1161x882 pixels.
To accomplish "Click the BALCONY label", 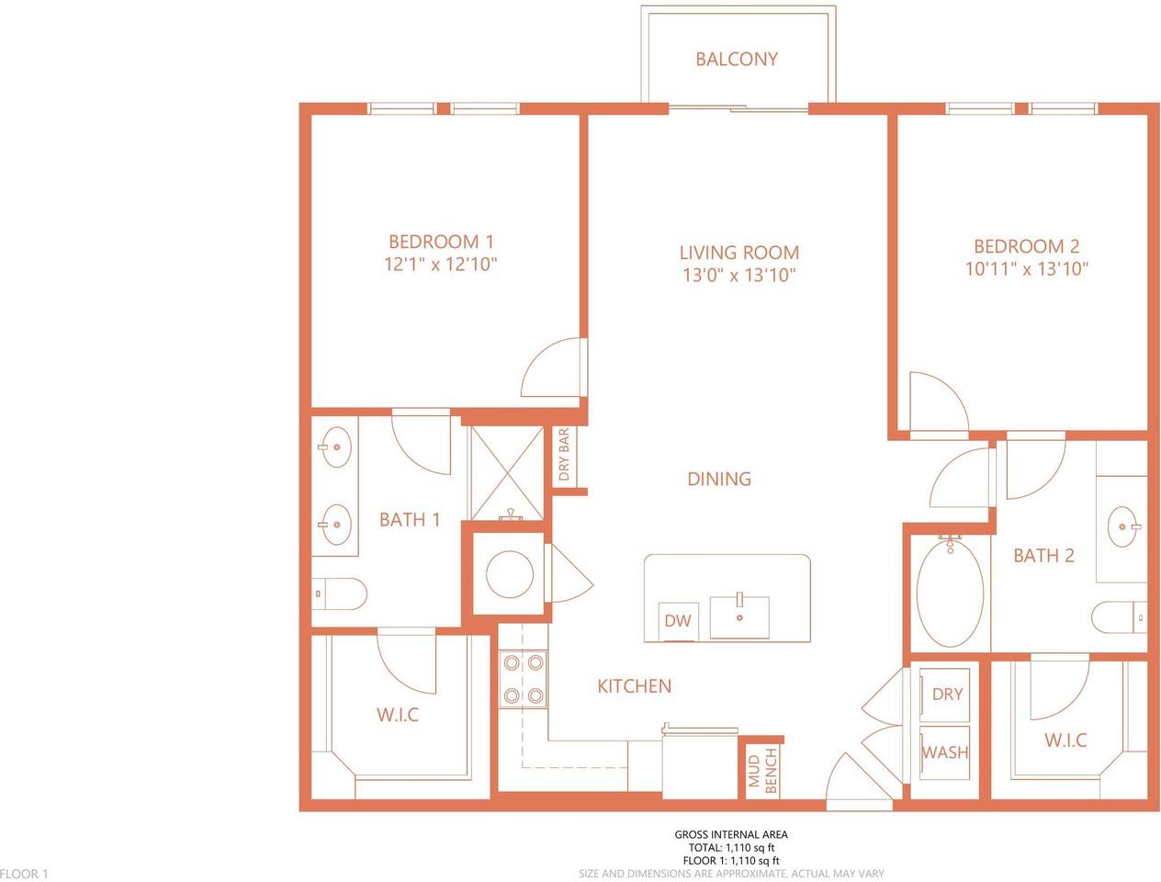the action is tap(737, 59).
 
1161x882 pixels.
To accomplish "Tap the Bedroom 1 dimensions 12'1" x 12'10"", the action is tap(441, 264).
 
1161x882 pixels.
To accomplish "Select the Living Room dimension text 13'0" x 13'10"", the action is tap(738, 275).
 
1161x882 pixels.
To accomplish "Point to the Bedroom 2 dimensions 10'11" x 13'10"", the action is tap(1026, 269).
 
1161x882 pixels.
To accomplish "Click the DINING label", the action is tap(719, 479).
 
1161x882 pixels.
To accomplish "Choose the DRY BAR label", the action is tap(563, 455).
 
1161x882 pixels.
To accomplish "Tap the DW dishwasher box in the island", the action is tap(678, 621).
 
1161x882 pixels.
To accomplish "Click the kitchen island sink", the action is tap(738, 616).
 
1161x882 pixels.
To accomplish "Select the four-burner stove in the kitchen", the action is tap(524, 679).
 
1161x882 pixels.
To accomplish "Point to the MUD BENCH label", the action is tap(762, 770).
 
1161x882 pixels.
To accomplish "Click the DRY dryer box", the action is tap(946, 695).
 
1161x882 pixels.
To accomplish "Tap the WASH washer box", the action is tap(945, 752).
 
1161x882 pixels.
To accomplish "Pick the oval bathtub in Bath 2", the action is tap(950, 592).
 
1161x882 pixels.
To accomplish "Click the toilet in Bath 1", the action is tap(339, 594).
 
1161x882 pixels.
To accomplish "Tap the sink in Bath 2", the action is tap(1124, 526).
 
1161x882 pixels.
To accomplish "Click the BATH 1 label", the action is tap(410, 520).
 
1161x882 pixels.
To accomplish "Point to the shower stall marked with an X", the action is tap(507, 473).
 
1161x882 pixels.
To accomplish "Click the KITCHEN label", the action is tap(634, 686).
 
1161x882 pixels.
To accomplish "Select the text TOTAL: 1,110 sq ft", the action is tap(731, 848).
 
